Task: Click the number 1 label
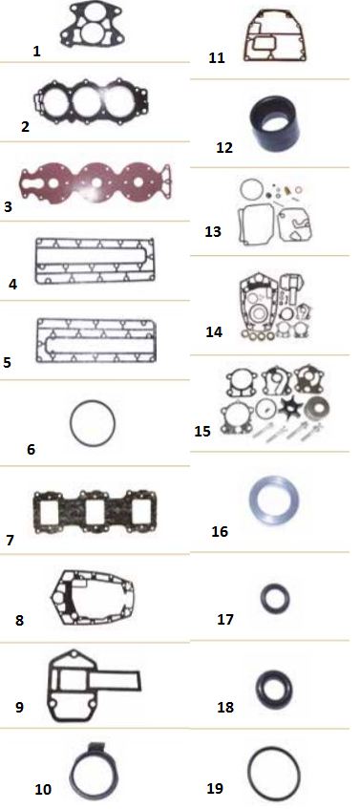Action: pyautogui.click(x=36, y=51)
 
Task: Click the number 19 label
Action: pyautogui.click(x=215, y=788)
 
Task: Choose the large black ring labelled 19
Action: pyautogui.click(x=249, y=774)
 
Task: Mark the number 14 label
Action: pyautogui.click(x=214, y=331)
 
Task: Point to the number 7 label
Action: pyautogui.click(x=11, y=541)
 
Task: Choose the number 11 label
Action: pyautogui.click(x=217, y=57)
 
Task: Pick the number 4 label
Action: pyautogui.click(x=13, y=285)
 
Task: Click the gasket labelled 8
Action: pyautogui.click(x=56, y=599)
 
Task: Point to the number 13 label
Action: pyautogui.click(x=213, y=232)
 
